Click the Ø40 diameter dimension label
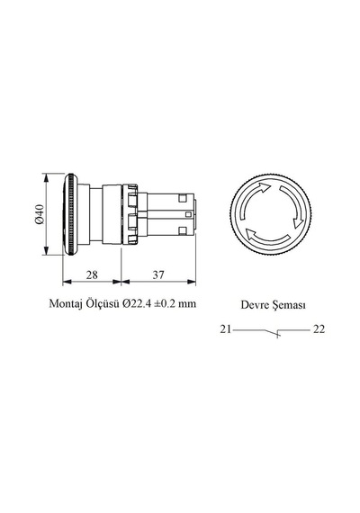39,214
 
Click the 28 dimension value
92,274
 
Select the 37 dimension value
158,274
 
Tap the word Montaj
66,304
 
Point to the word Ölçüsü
103,303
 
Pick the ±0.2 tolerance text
166,303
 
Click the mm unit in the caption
187,304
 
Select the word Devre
252,305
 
